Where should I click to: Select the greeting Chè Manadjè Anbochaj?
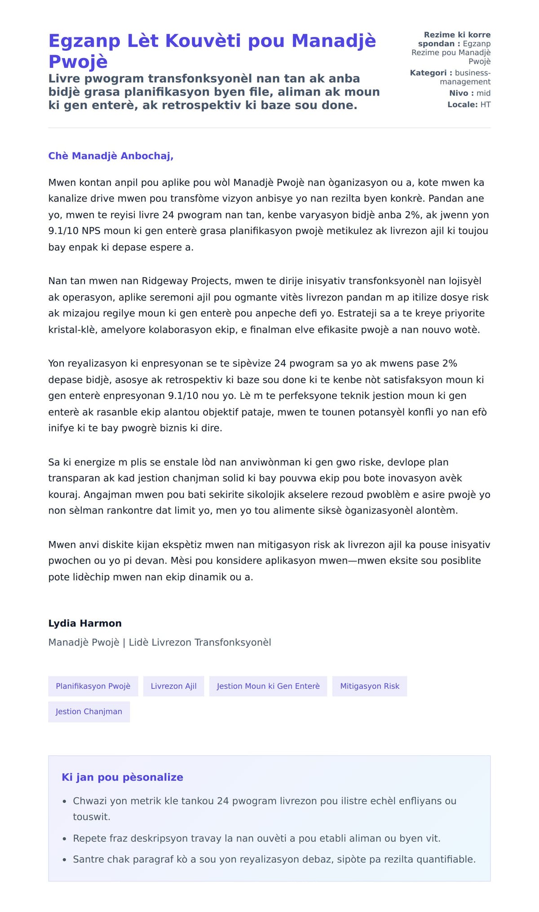[110, 156]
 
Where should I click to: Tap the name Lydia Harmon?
[85, 623]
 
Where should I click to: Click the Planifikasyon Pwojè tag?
[93, 686]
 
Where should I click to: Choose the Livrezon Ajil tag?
[173, 686]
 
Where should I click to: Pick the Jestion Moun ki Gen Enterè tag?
[268, 686]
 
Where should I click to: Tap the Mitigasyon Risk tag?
[369, 686]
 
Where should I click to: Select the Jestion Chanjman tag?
[89, 712]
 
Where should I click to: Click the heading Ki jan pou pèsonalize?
[122, 777]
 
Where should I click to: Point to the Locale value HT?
[485, 105]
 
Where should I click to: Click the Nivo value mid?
[483, 93]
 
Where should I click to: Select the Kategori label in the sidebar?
[428, 73]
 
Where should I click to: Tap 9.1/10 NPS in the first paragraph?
[74, 231]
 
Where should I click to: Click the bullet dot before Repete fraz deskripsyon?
[64, 839]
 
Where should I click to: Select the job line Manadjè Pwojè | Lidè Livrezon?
[159, 642]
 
